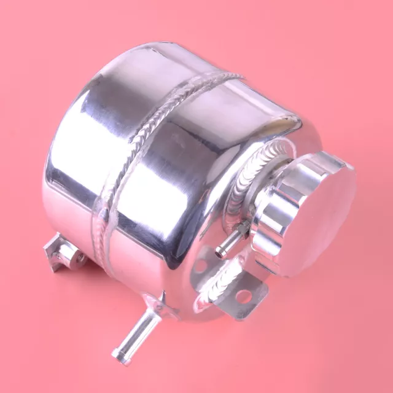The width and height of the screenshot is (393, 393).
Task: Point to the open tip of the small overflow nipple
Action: coord(219,250)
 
